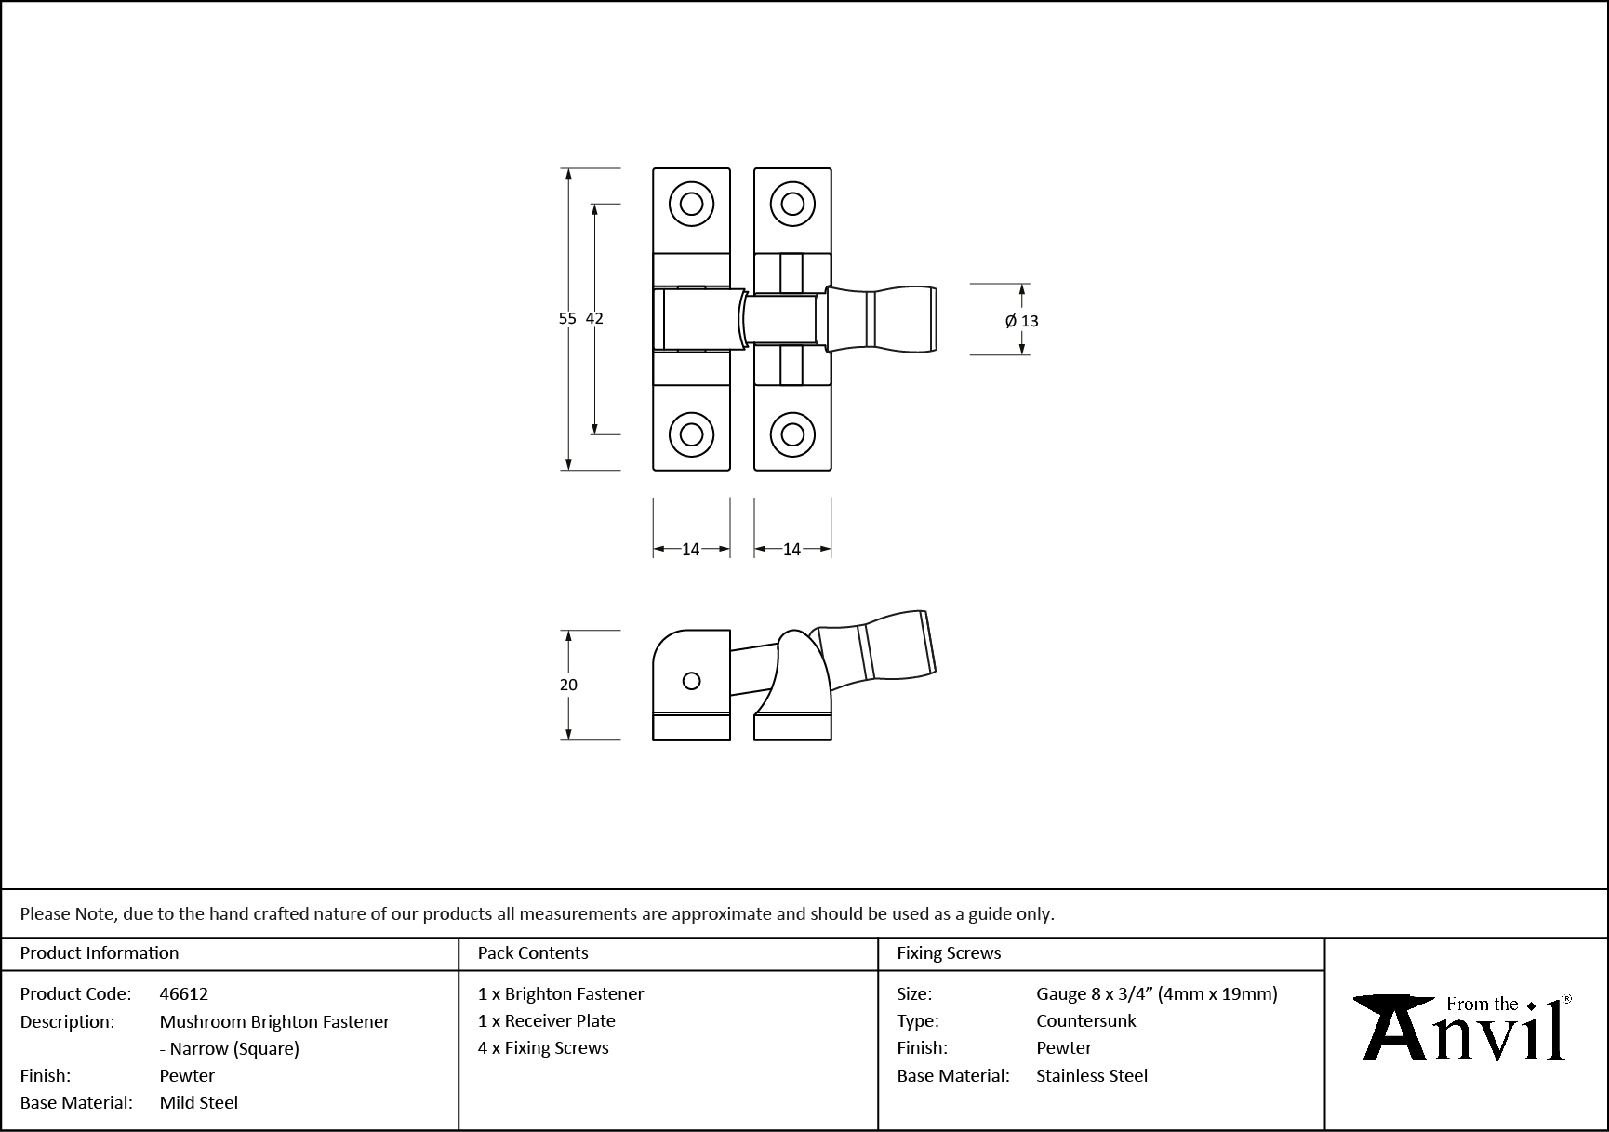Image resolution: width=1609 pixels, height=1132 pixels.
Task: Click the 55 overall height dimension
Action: click(x=566, y=318)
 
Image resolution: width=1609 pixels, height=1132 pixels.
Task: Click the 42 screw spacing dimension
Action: click(x=594, y=318)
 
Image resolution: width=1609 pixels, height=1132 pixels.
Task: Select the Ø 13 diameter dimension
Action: click(x=1022, y=321)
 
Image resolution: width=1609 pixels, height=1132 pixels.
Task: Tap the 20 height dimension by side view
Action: click(x=568, y=685)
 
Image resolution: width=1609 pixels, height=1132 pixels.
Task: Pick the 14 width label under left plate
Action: click(x=690, y=550)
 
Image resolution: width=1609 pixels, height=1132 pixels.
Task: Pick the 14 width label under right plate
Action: click(x=791, y=550)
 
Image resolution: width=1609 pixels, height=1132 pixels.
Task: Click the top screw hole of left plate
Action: click(x=691, y=204)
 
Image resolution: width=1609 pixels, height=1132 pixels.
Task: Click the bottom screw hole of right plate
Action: click(x=792, y=434)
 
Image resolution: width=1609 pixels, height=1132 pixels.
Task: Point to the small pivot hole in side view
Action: click(x=691, y=681)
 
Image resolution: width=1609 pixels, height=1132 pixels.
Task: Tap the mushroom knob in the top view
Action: click(x=884, y=319)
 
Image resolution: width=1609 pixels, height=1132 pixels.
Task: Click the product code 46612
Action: click(x=184, y=993)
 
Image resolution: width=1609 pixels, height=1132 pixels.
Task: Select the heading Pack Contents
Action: click(x=533, y=953)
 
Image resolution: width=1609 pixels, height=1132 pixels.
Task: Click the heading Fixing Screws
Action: click(x=949, y=953)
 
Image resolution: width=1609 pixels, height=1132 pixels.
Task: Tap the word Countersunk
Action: click(x=1085, y=1020)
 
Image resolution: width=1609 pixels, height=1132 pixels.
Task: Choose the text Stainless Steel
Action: click(x=1092, y=1075)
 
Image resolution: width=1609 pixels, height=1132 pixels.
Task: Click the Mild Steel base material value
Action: click(x=199, y=1102)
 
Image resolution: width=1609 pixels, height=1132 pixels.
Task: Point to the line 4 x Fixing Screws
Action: click(x=543, y=1047)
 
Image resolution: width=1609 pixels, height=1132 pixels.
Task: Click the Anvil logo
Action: click(x=1464, y=1029)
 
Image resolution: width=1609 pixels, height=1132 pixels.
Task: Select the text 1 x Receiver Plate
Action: click(x=547, y=1020)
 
